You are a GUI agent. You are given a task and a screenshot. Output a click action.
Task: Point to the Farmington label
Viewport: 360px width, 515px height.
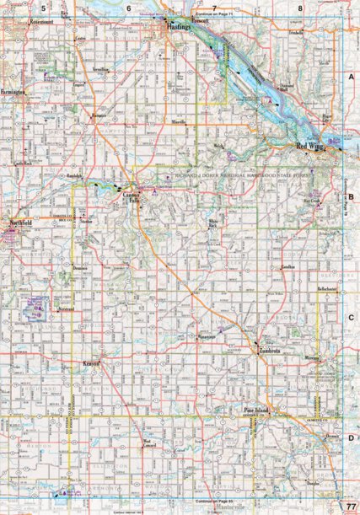pos(15,88)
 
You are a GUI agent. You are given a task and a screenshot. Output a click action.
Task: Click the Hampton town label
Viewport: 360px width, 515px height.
pos(99,113)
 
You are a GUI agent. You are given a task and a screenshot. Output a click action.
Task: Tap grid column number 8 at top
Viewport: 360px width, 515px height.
pos(301,8)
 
